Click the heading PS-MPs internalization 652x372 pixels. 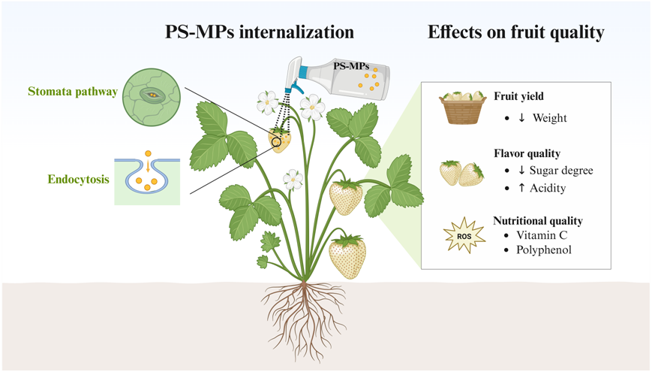pyautogui.click(x=260, y=32)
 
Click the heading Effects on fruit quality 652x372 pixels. pyautogui.click(x=516, y=32)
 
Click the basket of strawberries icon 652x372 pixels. pyautogui.click(x=462, y=110)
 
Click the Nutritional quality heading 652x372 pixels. pyautogui.click(x=538, y=221)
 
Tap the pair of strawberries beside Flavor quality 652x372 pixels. pyautogui.click(x=461, y=174)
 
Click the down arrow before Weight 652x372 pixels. pyautogui.click(x=521, y=118)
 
